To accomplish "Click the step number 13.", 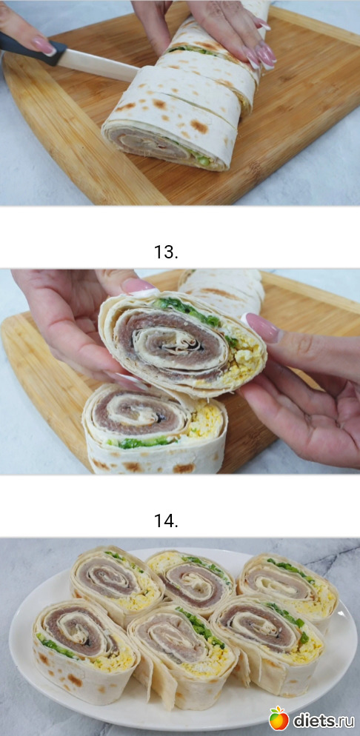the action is [166, 252].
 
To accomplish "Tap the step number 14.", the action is [166, 521].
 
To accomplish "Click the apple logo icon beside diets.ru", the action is [279, 718].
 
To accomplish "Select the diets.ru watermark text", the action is [324, 720].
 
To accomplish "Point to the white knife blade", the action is [101, 66].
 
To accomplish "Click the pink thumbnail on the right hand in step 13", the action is [263, 327].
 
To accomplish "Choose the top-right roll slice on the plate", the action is [287, 586].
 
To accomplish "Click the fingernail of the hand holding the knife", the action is [44, 46].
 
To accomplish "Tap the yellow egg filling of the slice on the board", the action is [207, 419].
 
